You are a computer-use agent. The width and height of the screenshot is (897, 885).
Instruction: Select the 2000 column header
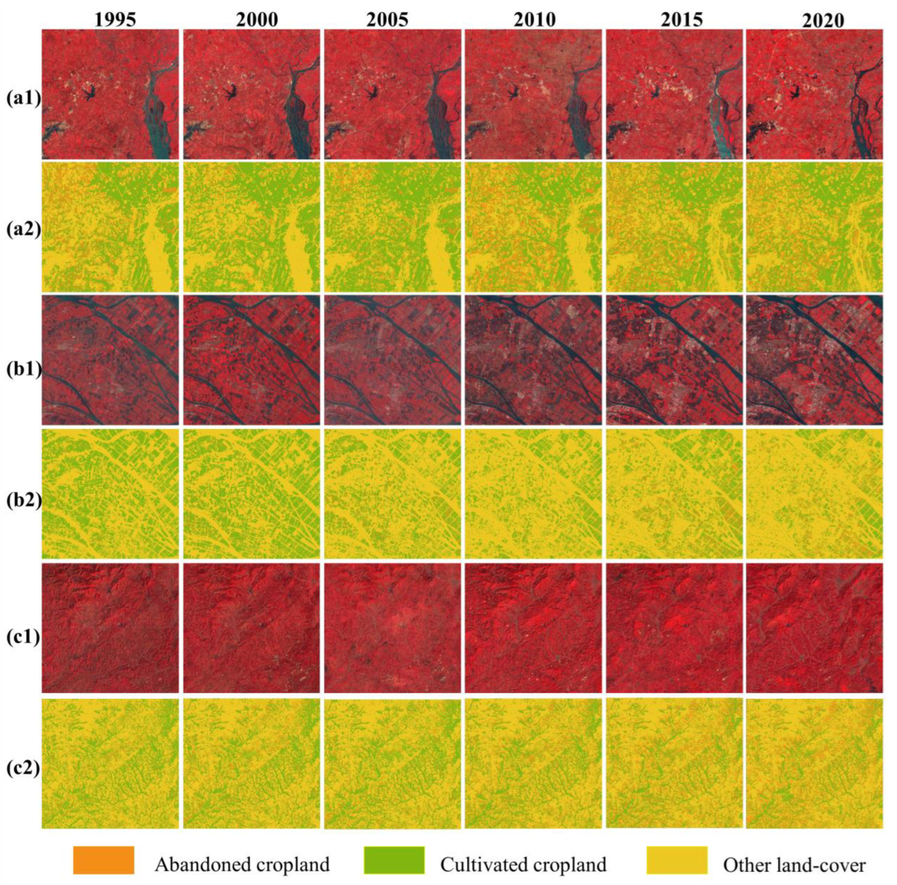[x=257, y=20]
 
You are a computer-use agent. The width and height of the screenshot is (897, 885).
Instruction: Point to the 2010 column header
[x=535, y=20]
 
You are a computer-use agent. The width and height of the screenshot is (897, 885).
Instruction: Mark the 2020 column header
[x=823, y=21]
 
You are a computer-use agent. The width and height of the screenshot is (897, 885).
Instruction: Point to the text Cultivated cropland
[x=523, y=852]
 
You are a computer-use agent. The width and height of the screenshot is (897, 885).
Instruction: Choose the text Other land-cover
[x=794, y=852]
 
